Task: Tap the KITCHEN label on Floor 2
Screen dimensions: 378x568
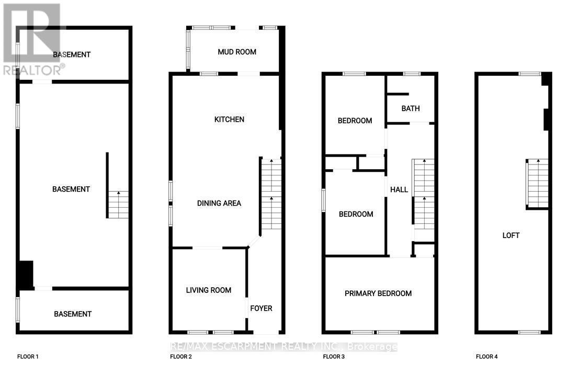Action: click(x=229, y=120)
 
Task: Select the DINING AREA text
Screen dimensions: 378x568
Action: click(x=219, y=203)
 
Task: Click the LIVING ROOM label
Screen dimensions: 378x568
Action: click(x=209, y=290)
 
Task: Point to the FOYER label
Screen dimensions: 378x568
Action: click(x=261, y=309)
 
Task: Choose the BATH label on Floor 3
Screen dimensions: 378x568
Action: click(x=411, y=109)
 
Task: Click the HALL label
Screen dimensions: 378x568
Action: click(x=399, y=190)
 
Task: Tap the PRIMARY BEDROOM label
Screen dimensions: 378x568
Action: click(x=378, y=293)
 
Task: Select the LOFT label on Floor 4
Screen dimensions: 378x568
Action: click(x=511, y=235)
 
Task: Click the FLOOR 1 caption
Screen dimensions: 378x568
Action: click(x=28, y=357)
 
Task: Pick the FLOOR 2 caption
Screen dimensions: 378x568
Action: click(x=181, y=357)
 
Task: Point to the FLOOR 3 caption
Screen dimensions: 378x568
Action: click(x=334, y=357)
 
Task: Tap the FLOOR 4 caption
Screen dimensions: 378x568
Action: click(x=486, y=357)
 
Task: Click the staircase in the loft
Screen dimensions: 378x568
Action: click(x=538, y=183)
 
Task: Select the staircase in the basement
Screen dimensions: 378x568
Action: click(x=118, y=205)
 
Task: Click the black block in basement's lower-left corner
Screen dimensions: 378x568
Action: click(x=26, y=275)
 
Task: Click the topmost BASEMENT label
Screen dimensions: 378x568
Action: click(x=72, y=54)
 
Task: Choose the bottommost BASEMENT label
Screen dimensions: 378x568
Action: click(x=73, y=314)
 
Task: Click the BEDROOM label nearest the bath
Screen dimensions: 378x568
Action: click(x=355, y=121)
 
